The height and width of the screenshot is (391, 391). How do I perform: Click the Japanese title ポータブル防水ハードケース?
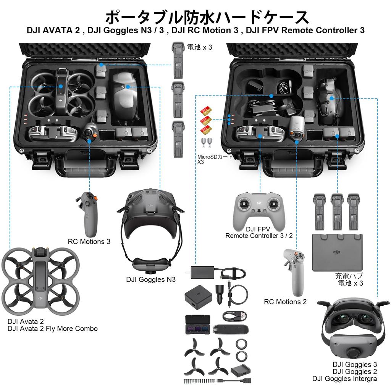click(207, 17)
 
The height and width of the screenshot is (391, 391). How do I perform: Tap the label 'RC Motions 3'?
click(89, 241)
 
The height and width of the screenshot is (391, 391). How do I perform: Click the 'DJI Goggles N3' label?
click(151, 280)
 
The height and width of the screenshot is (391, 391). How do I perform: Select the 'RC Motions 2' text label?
click(285, 302)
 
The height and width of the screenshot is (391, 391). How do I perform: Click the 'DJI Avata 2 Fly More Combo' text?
click(52, 329)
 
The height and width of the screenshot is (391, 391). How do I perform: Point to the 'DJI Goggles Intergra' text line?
click(344, 379)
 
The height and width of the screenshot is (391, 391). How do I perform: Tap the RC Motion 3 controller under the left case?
click(87, 214)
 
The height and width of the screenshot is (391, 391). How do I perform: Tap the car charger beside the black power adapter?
click(220, 293)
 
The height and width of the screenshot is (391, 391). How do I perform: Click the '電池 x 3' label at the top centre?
click(199, 48)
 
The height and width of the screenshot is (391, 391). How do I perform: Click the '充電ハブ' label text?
click(349, 276)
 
